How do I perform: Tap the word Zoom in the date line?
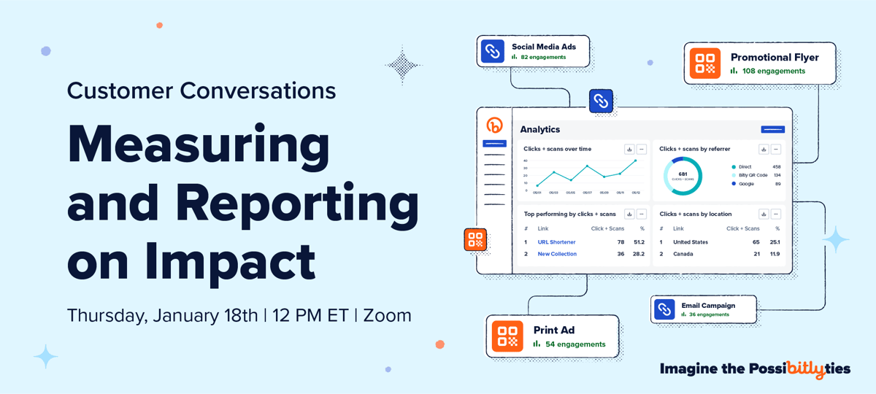click(387, 315)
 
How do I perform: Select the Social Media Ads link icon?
click(493, 51)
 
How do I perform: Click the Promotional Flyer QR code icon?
click(705, 63)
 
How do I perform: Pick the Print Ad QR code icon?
click(507, 336)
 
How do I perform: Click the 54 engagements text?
click(575, 344)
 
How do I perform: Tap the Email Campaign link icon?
click(664, 309)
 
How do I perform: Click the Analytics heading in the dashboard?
click(540, 129)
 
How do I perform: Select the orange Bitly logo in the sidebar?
click(494, 125)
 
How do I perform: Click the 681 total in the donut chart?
click(683, 175)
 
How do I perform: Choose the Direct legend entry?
click(745, 167)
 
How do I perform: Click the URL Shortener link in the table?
click(556, 242)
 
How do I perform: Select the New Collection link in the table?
click(557, 254)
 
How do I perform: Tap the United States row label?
click(690, 242)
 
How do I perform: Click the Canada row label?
click(683, 254)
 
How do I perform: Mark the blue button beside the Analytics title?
click(772, 129)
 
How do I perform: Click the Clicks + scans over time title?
click(557, 149)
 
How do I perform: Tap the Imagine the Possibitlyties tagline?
click(755, 369)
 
